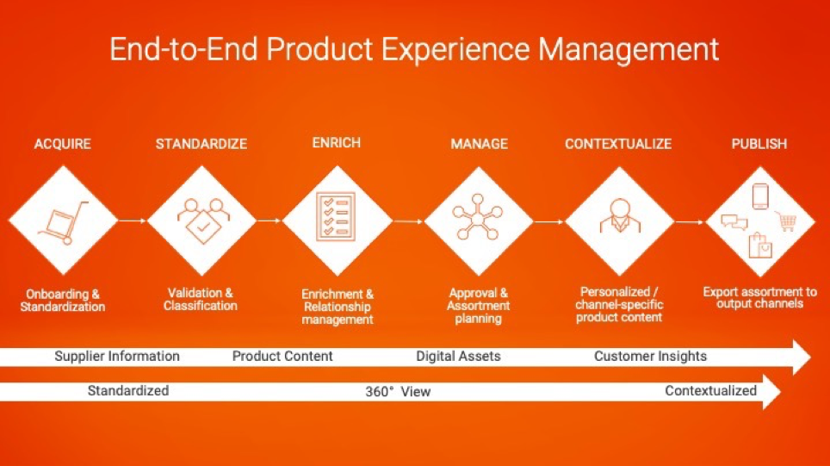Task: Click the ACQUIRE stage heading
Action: pyautogui.click(x=63, y=144)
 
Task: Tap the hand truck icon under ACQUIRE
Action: pyautogui.click(x=64, y=222)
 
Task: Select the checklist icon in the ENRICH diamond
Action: pyautogui.click(x=336, y=216)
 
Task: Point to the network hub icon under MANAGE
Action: pyautogui.click(x=478, y=217)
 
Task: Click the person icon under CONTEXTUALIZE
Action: pyautogui.click(x=620, y=215)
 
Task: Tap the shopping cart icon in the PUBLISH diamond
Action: pyautogui.click(x=787, y=221)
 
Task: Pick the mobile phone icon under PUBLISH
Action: pyautogui.click(x=760, y=196)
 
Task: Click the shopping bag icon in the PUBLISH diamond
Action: pyautogui.click(x=760, y=245)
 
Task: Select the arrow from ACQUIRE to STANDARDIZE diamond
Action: pyautogui.click(x=132, y=221)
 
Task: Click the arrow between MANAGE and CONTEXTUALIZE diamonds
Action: pyautogui.click(x=549, y=221)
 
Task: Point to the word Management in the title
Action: pyautogui.click(x=629, y=50)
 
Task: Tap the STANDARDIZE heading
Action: pyautogui.click(x=201, y=144)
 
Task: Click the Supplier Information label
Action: pyautogui.click(x=117, y=356)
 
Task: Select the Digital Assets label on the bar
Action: pyautogui.click(x=458, y=356)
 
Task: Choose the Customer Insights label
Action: pyautogui.click(x=650, y=356)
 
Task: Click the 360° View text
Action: pyautogui.click(x=398, y=391)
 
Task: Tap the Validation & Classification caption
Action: pyautogui.click(x=200, y=299)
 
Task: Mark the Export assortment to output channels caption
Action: pyautogui.click(x=759, y=298)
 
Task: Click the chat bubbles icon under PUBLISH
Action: pyautogui.click(x=734, y=222)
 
